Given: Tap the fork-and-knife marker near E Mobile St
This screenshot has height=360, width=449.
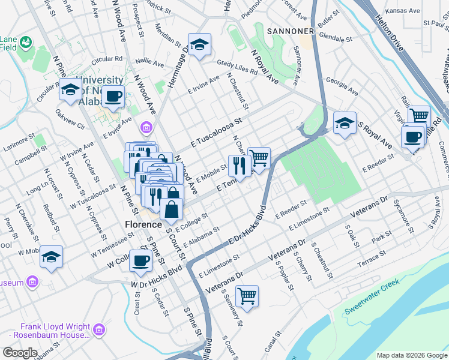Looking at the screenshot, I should pyautogui.click(x=240, y=166).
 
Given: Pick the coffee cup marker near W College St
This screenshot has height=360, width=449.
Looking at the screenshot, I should pyautogui.click(x=140, y=261).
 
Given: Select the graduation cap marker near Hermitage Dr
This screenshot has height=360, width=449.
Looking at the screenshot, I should pyautogui.click(x=199, y=44).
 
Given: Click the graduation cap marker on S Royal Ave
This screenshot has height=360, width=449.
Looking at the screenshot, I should pyautogui.click(x=345, y=124).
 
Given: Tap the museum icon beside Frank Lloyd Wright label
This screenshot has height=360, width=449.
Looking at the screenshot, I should pyautogui.click(x=99, y=329).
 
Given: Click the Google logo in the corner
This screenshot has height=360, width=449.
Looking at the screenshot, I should pyautogui.click(x=19, y=353).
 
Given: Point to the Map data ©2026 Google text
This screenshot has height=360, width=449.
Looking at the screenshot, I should pyautogui.click(x=411, y=355).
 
